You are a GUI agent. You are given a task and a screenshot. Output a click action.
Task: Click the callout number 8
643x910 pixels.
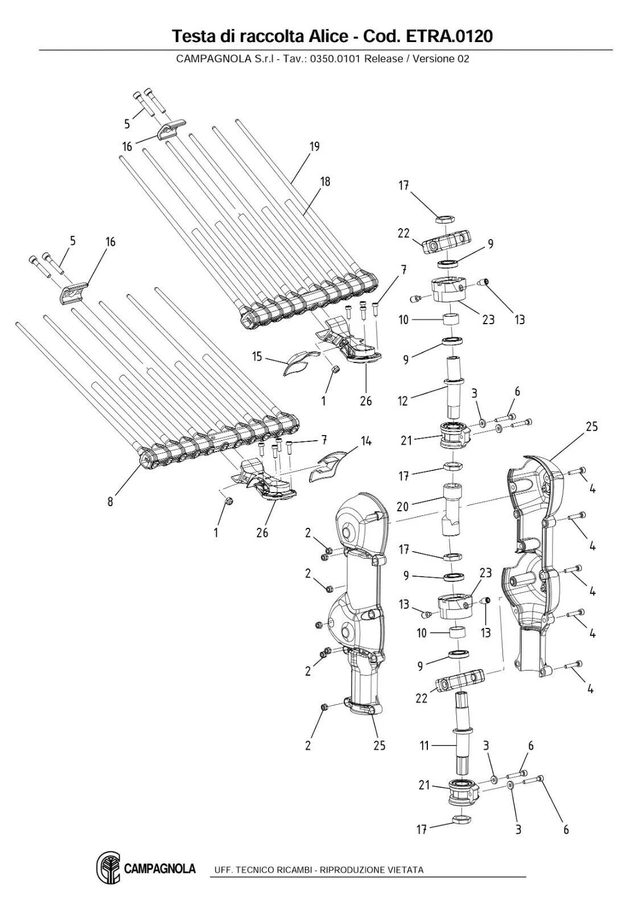click(x=110, y=502)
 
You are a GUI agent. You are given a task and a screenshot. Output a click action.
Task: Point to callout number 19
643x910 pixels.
click(x=314, y=147)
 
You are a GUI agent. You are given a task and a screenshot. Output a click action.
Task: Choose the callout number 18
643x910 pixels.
click(x=325, y=182)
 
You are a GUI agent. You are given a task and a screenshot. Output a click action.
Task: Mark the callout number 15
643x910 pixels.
click(x=257, y=357)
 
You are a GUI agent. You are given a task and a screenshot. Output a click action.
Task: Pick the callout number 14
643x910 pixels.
click(x=366, y=441)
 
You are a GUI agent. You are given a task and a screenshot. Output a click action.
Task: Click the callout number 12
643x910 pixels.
click(x=403, y=402)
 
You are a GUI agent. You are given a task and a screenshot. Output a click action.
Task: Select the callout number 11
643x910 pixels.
click(x=424, y=745)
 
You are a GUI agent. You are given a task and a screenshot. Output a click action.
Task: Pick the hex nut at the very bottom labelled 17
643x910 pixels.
click(x=461, y=820)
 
